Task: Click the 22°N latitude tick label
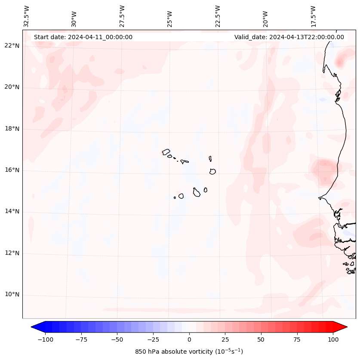click(x=12, y=46)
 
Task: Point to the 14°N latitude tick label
click(x=12, y=212)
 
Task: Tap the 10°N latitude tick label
click(x=12, y=295)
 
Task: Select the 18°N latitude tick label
click(x=12, y=129)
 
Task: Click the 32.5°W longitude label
click(x=27, y=16)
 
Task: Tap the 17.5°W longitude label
click(x=313, y=16)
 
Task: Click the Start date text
click(x=83, y=37)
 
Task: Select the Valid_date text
click(x=289, y=37)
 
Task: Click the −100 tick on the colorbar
click(x=46, y=339)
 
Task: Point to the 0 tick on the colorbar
click(x=189, y=339)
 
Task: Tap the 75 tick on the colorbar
click(x=297, y=339)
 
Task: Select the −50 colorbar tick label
click(x=117, y=339)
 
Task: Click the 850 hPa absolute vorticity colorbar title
click(x=189, y=352)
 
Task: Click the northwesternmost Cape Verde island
click(x=166, y=151)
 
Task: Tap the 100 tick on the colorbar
click(x=333, y=339)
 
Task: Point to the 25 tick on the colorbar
click(x=225, y=339)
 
